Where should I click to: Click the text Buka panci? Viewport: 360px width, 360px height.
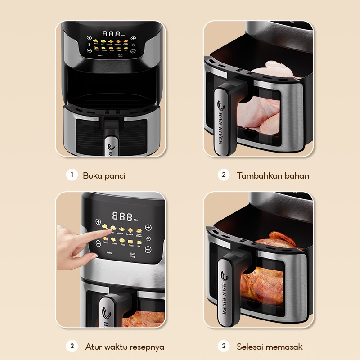coord(104,176)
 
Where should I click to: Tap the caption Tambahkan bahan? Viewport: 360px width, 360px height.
coord(273,176)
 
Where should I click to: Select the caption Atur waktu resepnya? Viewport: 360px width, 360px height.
coord(125,347)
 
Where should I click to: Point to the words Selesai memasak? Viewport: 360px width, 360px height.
coord(270,347)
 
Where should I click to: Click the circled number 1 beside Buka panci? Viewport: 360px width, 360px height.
coord(71,175)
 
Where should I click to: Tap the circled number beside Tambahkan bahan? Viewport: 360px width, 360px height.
coord(224,175)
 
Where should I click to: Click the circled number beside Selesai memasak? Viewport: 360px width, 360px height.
coord(224,346)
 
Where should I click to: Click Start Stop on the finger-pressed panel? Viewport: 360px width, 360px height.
coord(133,255)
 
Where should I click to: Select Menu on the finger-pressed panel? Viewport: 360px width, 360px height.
coord(109,253)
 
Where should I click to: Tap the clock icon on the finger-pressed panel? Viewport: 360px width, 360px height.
coord(148,238)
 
